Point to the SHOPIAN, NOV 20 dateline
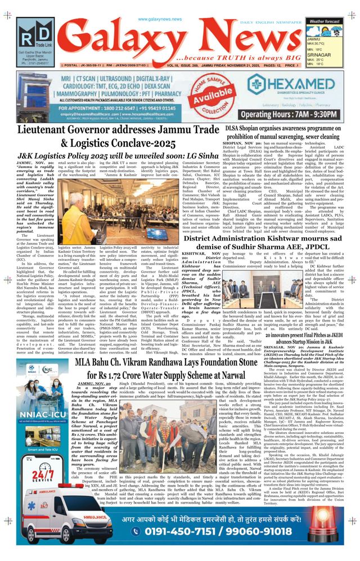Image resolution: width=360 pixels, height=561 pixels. [x=237, y=143]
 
